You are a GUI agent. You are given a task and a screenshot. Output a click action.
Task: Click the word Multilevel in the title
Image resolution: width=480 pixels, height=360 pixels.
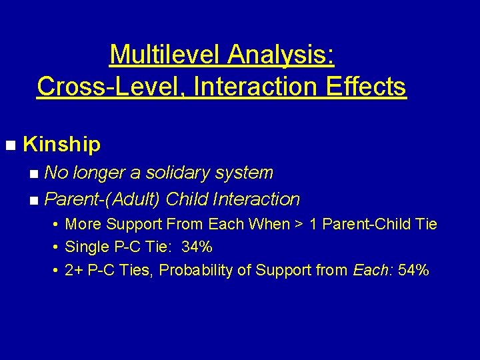pyautogui.click(x=165, y=54)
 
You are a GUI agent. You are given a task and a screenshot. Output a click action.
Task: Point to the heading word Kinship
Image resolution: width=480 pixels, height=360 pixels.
pyautogui.click(x=61, y=144)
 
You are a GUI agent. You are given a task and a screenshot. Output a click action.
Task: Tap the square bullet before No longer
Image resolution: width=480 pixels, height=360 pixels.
pyautogui.click(x=34, y=173)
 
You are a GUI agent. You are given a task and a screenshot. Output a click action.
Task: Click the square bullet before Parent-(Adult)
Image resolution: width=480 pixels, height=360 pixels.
pyautogui.click(x=34, y=200)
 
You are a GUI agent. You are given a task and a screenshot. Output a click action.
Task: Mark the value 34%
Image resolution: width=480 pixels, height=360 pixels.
pyautogui.click(x=197, y=247)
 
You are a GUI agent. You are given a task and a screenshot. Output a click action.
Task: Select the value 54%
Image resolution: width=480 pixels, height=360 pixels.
pyautogui.click(x=413, y=271)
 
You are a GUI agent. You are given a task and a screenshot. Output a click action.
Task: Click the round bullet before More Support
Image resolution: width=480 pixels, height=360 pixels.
pyautogui.click(x=54, y=225)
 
